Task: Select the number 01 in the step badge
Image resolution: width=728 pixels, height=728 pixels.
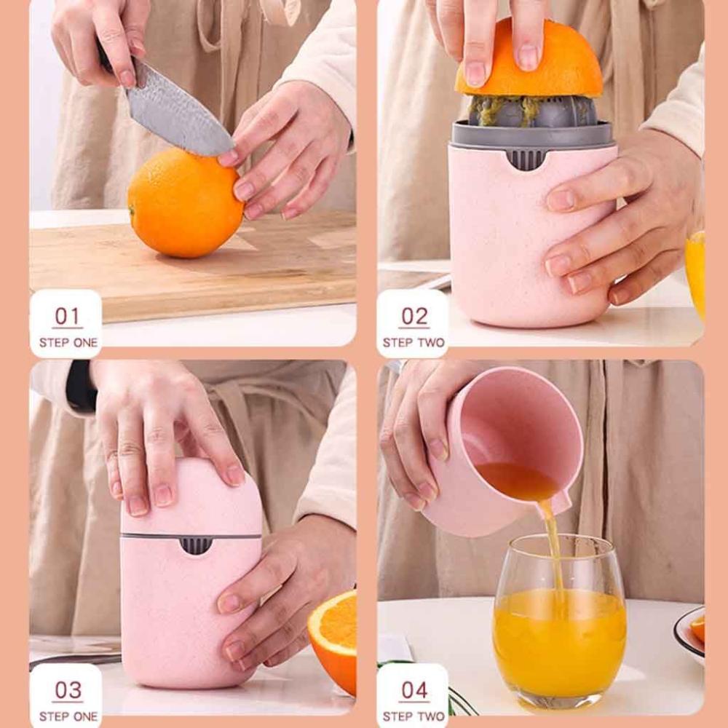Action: click(x=66, y=317)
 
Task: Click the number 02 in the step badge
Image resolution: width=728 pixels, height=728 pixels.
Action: click(x=414, y=317)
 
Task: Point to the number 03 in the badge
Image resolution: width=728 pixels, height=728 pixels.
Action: click(x=66, y=690)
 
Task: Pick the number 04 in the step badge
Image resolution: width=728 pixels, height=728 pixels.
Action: click(x=414, y=690)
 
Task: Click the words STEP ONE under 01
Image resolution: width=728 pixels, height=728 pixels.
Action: click(x=68, y=342)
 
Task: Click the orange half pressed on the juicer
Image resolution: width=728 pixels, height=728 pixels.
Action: click(x=529, y=62)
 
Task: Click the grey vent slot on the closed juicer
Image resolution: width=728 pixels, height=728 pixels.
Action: click(x=194, y=545)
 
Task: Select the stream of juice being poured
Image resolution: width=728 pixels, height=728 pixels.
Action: click(x=554, y=546)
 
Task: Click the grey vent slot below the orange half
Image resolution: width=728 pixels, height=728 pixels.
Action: click(x=526, y=158)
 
